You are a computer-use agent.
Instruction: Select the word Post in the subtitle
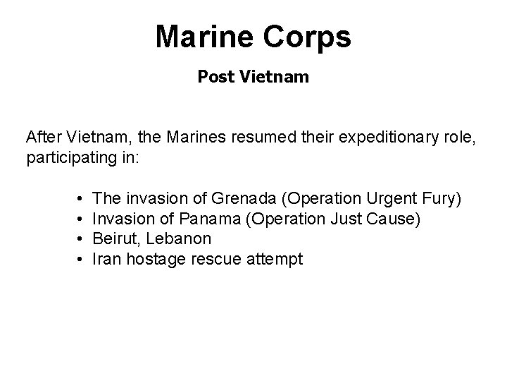coord(213,76)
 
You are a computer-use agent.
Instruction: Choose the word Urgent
coord(390,200)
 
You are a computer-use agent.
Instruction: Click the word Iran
coord(106,259)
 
